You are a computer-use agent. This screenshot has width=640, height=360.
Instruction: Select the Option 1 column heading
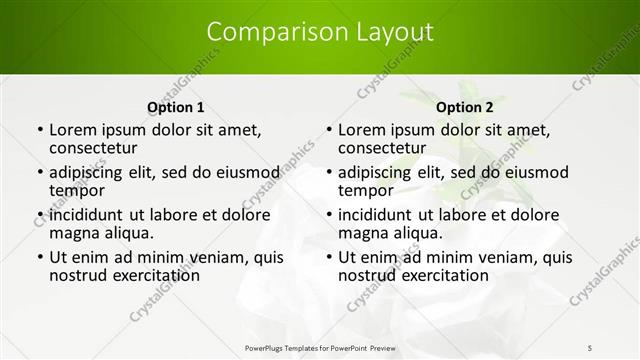click(175, 107)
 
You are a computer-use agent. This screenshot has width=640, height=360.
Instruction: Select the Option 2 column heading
click(465, 107)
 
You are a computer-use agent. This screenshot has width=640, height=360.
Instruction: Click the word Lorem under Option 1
click(75, 130)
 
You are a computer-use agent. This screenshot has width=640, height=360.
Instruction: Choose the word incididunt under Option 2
click(383, 215)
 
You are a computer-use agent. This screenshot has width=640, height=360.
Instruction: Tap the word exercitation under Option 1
click(144, 275)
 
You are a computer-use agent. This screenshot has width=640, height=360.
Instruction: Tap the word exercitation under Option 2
click(433, 275)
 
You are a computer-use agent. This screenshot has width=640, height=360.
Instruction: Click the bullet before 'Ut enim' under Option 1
click(39, 257)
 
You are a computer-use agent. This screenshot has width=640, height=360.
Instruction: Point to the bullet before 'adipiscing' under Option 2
click(328, 172)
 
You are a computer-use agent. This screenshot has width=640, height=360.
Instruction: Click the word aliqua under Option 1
click(127, 233)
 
